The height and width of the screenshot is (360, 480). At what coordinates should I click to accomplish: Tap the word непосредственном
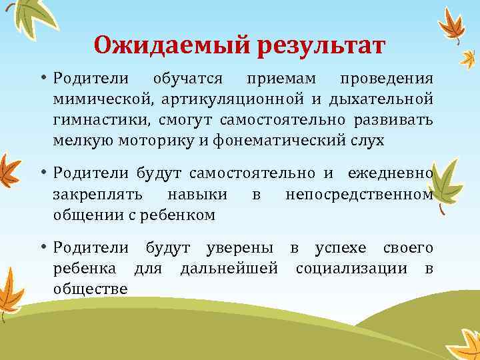tap(359, 194)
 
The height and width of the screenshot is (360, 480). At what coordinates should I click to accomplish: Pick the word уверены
tap(239, 249)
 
